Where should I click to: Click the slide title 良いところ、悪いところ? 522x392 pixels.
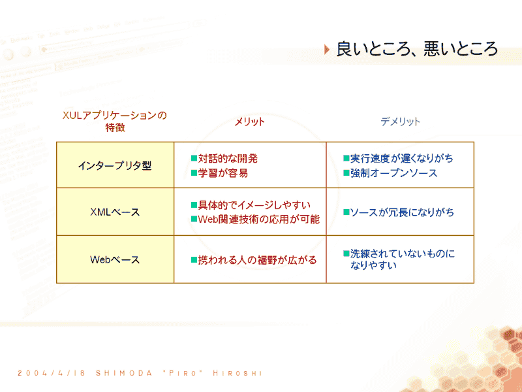click(417, 50)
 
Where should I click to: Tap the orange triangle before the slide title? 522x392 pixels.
click(327, 50)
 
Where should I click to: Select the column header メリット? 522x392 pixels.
click(250, 122)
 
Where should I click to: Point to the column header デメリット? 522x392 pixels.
click(400, 122)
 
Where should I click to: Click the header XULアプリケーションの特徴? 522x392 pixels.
click(115, 122)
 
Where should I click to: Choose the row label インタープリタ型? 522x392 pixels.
click(115, 166)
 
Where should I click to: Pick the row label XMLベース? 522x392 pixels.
click(115, 212)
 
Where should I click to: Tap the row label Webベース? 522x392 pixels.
click(115, 259)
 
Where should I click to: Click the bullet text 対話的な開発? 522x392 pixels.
click(228, 158)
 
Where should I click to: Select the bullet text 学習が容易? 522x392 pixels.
click(223, 173)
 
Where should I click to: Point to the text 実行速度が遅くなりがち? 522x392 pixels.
click(402, 158)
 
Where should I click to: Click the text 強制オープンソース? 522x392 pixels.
click(394, 173)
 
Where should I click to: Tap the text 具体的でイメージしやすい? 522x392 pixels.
click(254, 205)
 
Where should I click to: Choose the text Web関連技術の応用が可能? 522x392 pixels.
click(259, 220)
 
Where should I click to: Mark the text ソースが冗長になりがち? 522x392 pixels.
click(402, 212)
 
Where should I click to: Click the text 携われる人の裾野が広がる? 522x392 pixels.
click(257, 260)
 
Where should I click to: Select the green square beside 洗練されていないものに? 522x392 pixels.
click(346, 254)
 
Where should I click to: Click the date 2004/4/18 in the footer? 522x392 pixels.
click(52, 373)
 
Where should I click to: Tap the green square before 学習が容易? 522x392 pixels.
click(194, 173)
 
